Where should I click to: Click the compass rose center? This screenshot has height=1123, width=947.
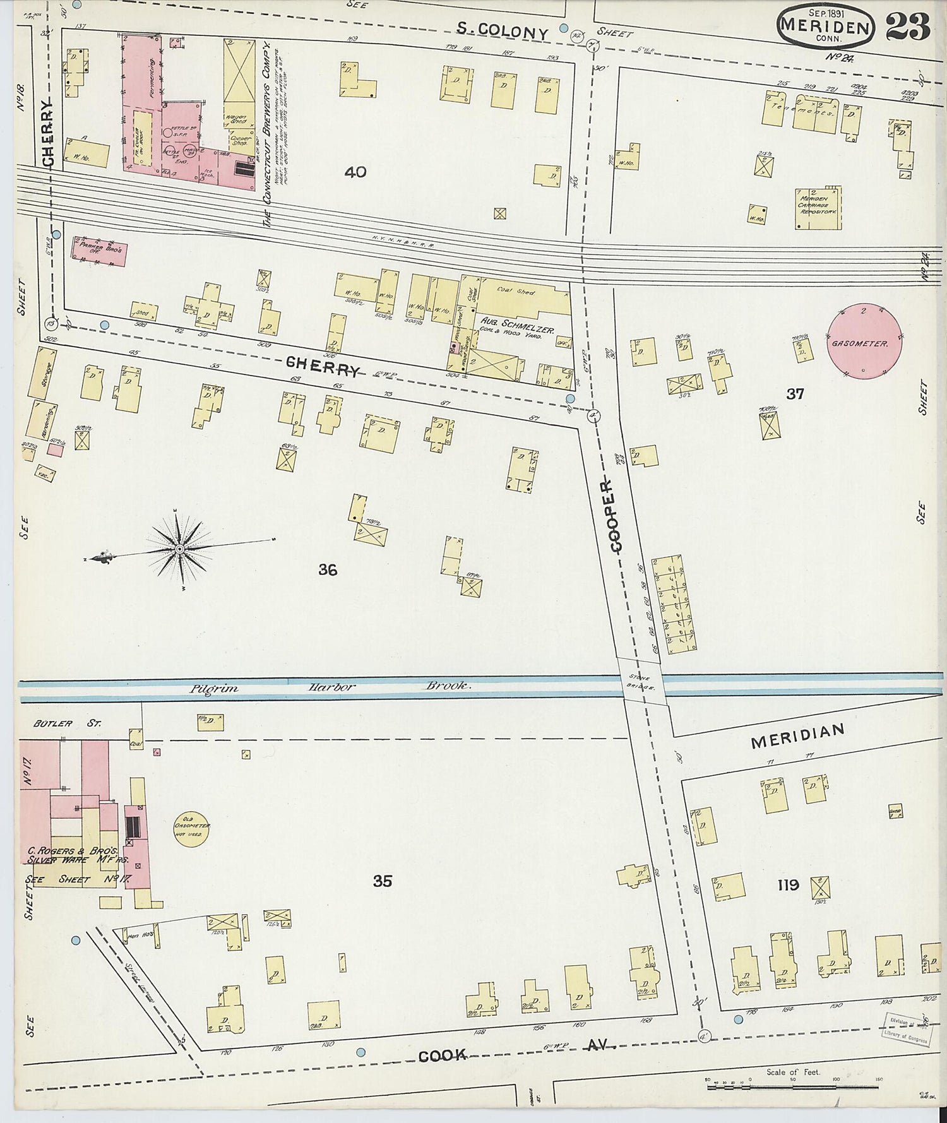coord(179,549)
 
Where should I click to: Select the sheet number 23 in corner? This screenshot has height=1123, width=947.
coord(908,27)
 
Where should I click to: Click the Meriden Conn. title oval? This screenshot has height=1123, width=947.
coord(826,26)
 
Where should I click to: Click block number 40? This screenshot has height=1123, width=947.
coord(355,172)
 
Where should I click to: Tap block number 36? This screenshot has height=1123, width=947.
coord(327,570)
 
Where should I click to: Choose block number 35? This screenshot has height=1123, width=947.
coord(382,881)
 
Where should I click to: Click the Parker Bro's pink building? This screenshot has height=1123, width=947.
coord(100,251)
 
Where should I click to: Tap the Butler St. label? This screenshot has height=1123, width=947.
coord(62,723)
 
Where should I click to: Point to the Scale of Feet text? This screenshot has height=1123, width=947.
coord(792,1072)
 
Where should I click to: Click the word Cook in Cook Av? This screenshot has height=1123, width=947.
coord(441,1055)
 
